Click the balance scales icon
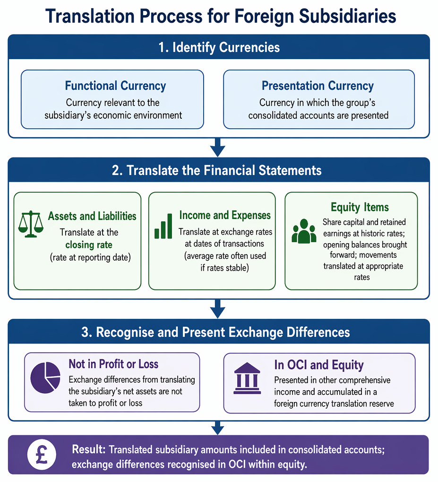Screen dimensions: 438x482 31,224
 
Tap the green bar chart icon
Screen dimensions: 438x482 163,226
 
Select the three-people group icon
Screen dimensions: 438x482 304,231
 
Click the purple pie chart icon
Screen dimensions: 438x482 45,377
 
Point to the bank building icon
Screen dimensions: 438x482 247,378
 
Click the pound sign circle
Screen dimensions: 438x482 42,455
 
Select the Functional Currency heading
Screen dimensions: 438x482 115,86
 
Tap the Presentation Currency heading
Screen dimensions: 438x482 318,86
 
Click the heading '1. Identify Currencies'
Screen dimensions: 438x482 219,47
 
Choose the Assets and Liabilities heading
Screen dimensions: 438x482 92,216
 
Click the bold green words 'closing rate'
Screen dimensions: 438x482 89,245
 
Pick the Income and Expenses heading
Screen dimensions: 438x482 225,215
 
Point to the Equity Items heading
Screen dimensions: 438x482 360,207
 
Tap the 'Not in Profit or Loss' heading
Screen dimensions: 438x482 113,364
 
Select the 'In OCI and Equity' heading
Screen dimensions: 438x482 319,365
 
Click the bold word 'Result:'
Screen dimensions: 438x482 89,449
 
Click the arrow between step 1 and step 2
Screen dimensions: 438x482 218,148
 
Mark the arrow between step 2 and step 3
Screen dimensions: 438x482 218,308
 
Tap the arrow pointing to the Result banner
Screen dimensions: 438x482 218,428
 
